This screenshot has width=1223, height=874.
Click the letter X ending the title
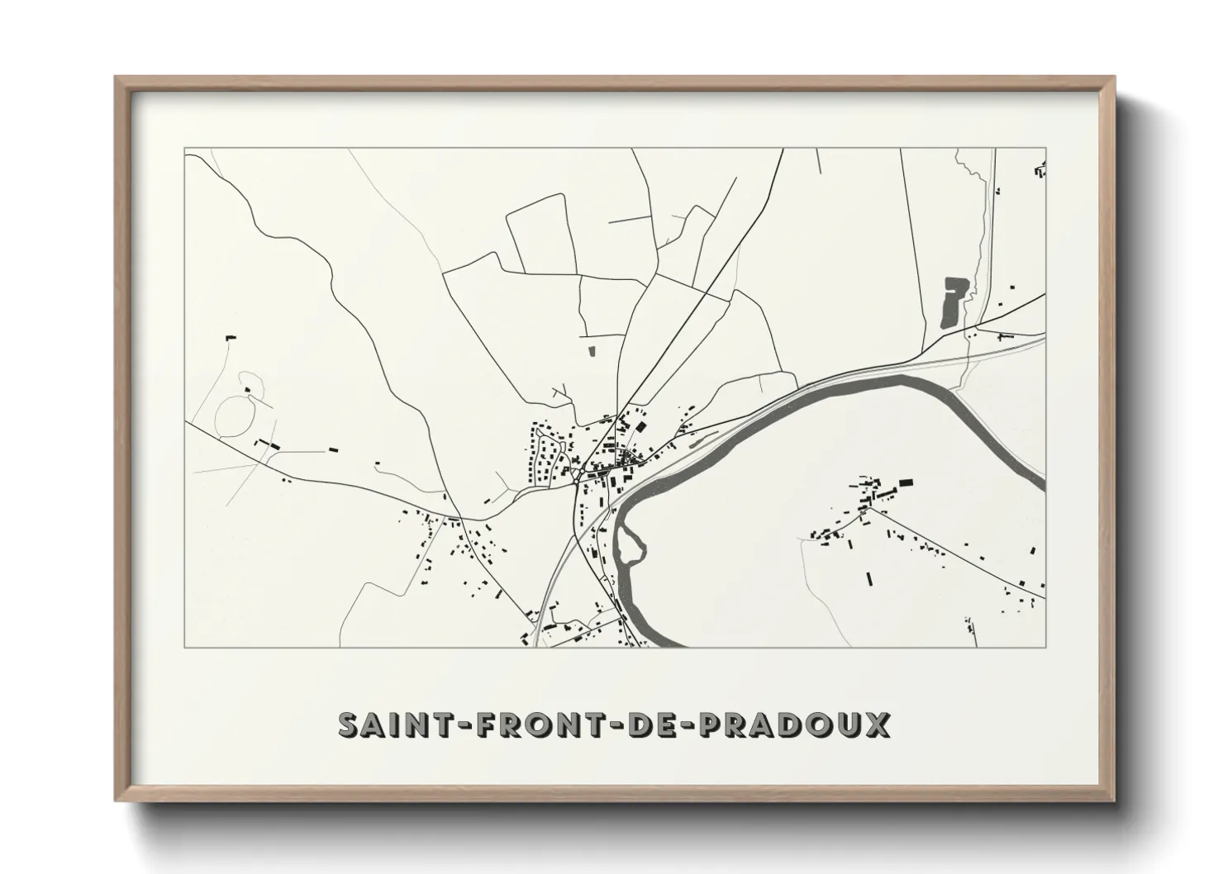pyautogui.click(x=878, y=724)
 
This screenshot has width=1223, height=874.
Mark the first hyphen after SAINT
pyautogui.click(x=451, y=725)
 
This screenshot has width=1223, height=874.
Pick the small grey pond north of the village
pyautogui.click(x=591, y=351)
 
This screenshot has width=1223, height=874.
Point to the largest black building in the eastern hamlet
pyautogui.click(x=906, y=482)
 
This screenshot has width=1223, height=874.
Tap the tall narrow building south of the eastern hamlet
pyautogui.click(x=868, y=577)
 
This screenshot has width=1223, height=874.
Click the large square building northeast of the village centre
pyautogui.click(x=640, y=427)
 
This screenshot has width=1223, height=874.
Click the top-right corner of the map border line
pyautogui.click(x=1046, y=148)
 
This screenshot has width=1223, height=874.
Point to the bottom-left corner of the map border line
pyautogui.click(x=184, y=647)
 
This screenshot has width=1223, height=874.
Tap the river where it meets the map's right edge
pyautogui.click(x=1042, y=482)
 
